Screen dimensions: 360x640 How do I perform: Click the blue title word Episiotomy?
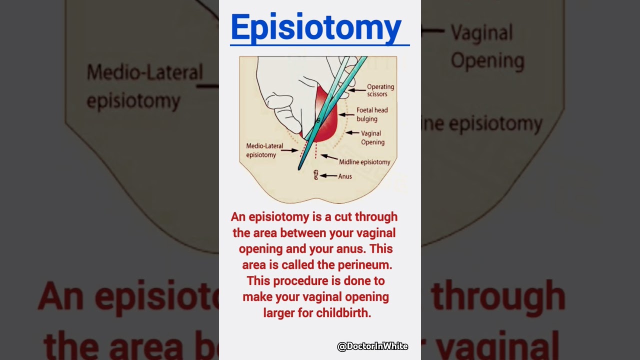[x=316, y=27]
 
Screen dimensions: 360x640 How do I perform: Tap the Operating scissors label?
[x=380, y=90]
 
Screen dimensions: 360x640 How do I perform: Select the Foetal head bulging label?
[x=371, y=114]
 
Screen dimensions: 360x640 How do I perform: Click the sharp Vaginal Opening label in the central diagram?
[x=372, y=137]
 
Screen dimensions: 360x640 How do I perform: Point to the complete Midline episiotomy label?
[x=364, y=162]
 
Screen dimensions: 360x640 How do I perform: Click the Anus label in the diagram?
[x=345, y=176]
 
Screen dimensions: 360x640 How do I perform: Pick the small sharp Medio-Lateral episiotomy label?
[x=264, y=150]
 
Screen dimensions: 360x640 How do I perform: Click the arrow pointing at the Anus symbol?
[x=328, y=175]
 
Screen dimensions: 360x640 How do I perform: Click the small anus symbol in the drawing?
[x=315, y=174]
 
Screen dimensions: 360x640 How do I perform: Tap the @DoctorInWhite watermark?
[x=372, y=346]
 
